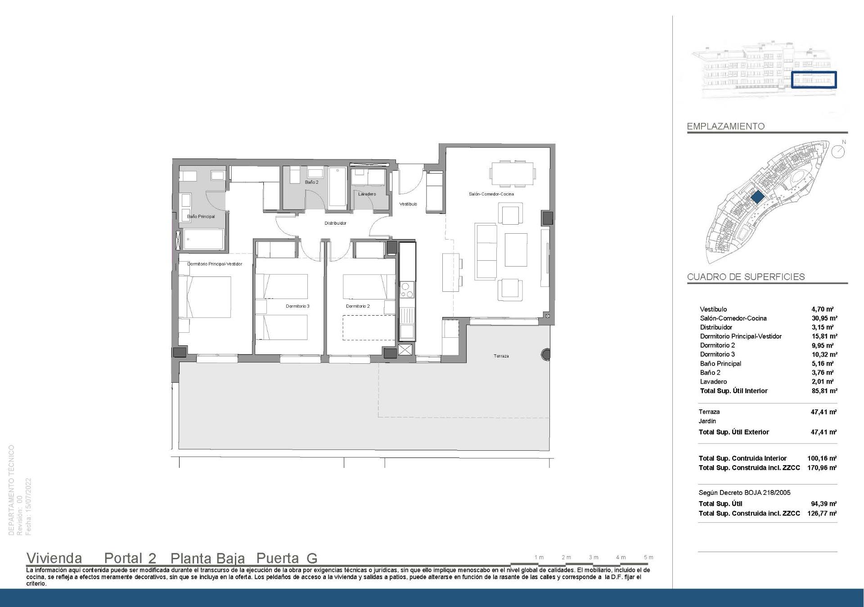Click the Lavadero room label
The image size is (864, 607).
point(367,194)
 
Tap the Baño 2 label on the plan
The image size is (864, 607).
point(311,182)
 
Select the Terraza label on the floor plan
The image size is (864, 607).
point(501,356)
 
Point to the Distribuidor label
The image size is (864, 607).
point(335,223)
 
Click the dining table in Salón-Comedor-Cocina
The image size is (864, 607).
point(513,173)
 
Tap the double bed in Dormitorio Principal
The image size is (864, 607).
point(205,297)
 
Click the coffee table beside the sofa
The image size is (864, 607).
point(516,250)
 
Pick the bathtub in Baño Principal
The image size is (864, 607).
point(204,239)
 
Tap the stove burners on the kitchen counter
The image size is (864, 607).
point(407,290)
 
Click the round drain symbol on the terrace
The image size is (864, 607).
point(546,354)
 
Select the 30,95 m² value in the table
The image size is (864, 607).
point(824,318)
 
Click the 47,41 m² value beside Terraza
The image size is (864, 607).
point(823,412)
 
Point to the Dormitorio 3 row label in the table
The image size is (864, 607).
point(717,354)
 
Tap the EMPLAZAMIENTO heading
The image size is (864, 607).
point(725,127)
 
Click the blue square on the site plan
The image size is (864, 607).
point(757,197)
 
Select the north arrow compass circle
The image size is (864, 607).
point(838,152)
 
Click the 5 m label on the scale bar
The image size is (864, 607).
point(648,557)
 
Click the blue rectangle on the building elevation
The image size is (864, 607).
point(814,80)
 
